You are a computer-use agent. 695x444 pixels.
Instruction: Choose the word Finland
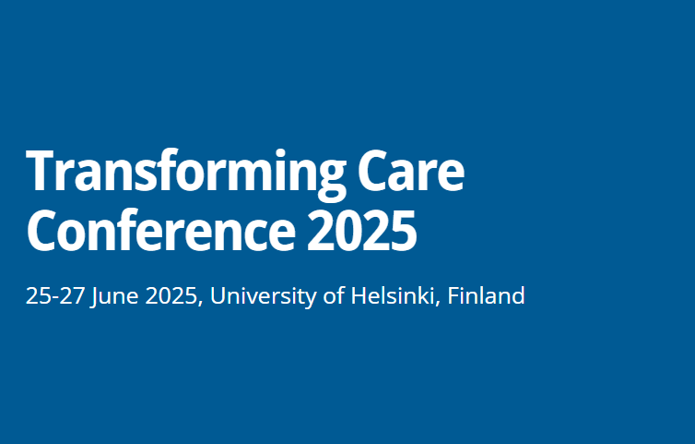point(486,297)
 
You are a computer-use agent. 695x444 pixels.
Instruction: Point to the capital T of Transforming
point(41,173)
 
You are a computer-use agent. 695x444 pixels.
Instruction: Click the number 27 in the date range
point(69,297)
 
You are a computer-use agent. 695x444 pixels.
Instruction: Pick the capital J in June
point(95,297)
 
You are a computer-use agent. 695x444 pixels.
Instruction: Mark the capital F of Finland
point(454,297)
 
